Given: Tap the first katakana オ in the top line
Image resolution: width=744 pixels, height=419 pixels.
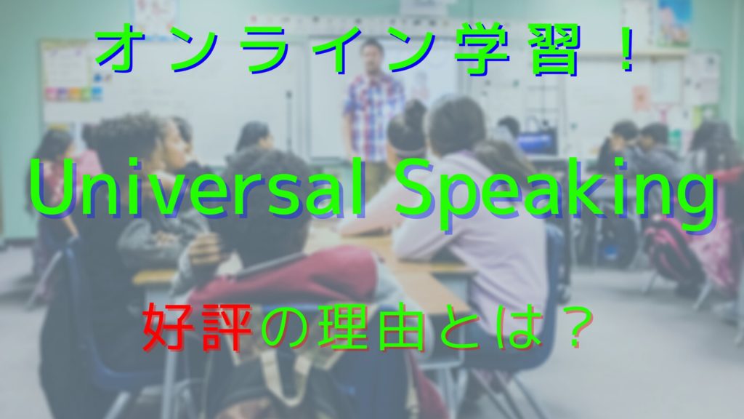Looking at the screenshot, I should [x=121, y=50].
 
